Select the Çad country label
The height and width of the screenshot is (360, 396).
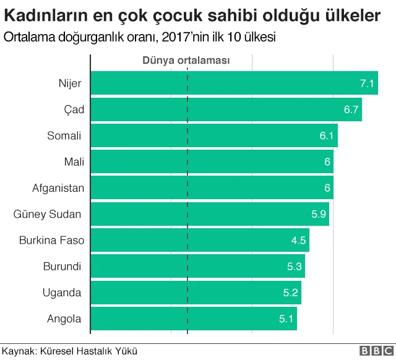[x=74, y=109]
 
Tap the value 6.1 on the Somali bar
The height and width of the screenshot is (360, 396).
[x=328, y=135]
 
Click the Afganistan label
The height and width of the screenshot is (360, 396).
[x=58, y=187]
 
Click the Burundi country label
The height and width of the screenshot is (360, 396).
[x=62, y=267]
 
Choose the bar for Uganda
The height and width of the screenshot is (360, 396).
[x=196, y=293]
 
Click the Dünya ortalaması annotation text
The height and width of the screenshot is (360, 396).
[x=186, y=60]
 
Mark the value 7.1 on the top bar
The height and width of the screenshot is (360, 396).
[x=368, y=84]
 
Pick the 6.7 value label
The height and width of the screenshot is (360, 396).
[x=351, y=109]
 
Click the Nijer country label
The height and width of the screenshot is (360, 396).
[x=70, y=83]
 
